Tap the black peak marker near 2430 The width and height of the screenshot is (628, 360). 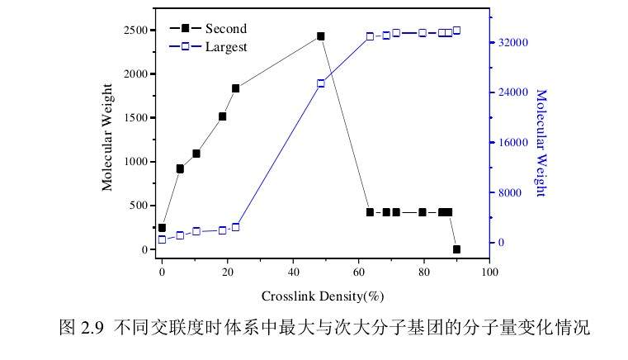tap(321, 36)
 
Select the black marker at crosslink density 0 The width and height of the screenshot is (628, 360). tap(162, 228)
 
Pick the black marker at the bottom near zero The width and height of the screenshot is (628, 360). tap(456, 249)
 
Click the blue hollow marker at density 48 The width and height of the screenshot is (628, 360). tap(321, 83)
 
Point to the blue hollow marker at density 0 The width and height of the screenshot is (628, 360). tap(162, 239)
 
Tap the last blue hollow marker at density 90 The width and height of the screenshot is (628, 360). tap(456, 31)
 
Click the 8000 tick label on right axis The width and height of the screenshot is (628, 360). tap(512, 193)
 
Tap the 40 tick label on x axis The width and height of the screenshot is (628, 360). tap(293, 272)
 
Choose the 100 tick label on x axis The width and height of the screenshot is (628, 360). tap(489, 272)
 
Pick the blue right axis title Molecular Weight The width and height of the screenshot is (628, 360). tap(541, 143)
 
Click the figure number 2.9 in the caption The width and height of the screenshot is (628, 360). tap(92, 327)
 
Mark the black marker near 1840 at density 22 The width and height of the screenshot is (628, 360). tap(235, 88)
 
